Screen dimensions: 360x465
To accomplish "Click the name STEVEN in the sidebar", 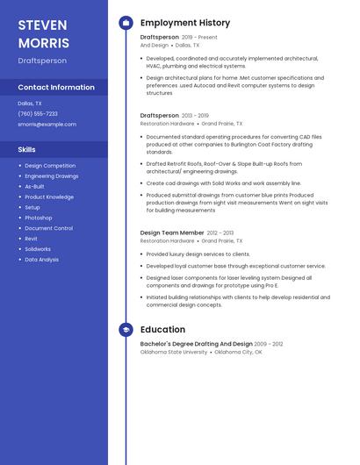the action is click(42, 24).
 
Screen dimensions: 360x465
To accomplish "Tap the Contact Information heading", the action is click(56, 87).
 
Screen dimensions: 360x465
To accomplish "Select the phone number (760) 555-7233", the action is click(38, 113).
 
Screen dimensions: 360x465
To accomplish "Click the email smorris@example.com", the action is click(47, 124).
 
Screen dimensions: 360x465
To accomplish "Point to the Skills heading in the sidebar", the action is click(26, 149).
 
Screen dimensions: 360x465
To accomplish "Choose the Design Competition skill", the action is click(50, 165).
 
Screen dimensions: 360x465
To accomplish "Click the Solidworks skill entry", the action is click(38, 249).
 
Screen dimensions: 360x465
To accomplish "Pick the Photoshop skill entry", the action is click(39, 218).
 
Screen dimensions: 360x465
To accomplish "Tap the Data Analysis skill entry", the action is click(42, 260).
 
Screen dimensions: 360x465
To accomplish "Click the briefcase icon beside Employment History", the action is click(126, 23).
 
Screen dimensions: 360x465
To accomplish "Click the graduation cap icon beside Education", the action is click(126, 330).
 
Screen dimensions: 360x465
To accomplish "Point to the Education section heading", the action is click(162, 330).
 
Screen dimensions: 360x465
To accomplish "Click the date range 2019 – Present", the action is click(199, 38).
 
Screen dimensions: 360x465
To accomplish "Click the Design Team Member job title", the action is click(172, 232).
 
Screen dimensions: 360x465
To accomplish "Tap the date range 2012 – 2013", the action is click(220, 232).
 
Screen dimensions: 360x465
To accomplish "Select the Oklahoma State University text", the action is click(174, 352).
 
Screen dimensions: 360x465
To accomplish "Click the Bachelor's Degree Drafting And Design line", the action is click(197, 344).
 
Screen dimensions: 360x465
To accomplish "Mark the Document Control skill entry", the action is click(48, 228).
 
